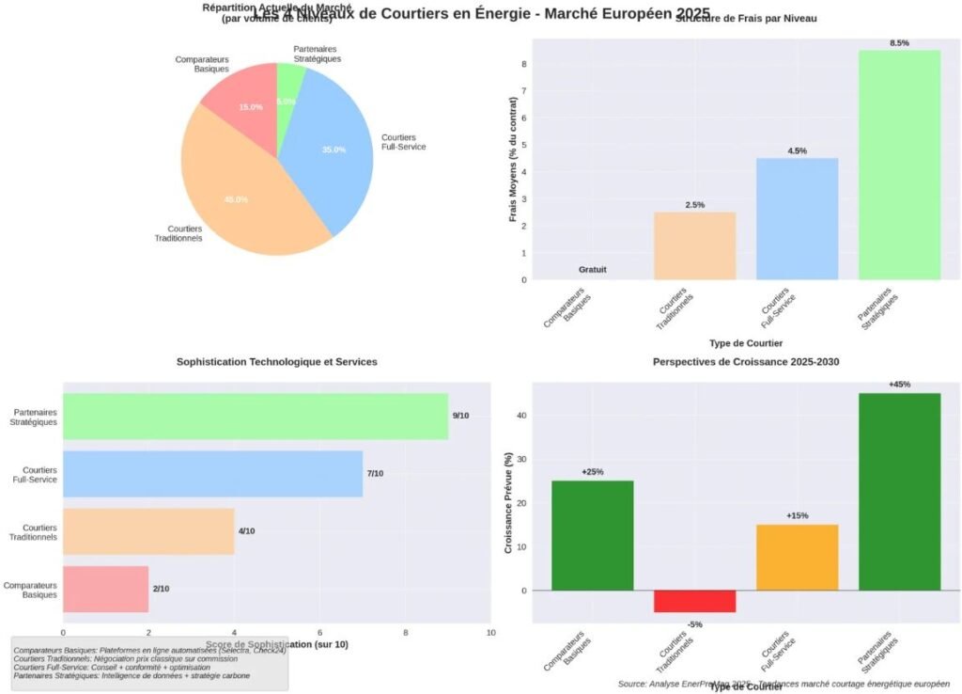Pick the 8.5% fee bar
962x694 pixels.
click(899, 165)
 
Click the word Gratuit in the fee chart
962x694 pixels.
click(592, 270)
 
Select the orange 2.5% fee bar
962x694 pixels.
click(694, 245)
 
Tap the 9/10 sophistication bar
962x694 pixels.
click(255, 416)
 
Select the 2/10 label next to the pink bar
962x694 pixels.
click(161, 589)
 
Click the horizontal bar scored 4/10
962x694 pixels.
click(147, 531)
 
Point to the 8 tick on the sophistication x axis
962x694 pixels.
click(405, 633)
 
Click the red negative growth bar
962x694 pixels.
click(694, 601)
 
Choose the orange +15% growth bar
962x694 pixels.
click(797, 558)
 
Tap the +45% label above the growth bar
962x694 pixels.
click(899, 385)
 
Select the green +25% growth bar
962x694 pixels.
click(592, 535)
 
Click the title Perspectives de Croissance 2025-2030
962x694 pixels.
click(746, 362)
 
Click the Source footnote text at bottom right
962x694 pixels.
click(784, 684)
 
